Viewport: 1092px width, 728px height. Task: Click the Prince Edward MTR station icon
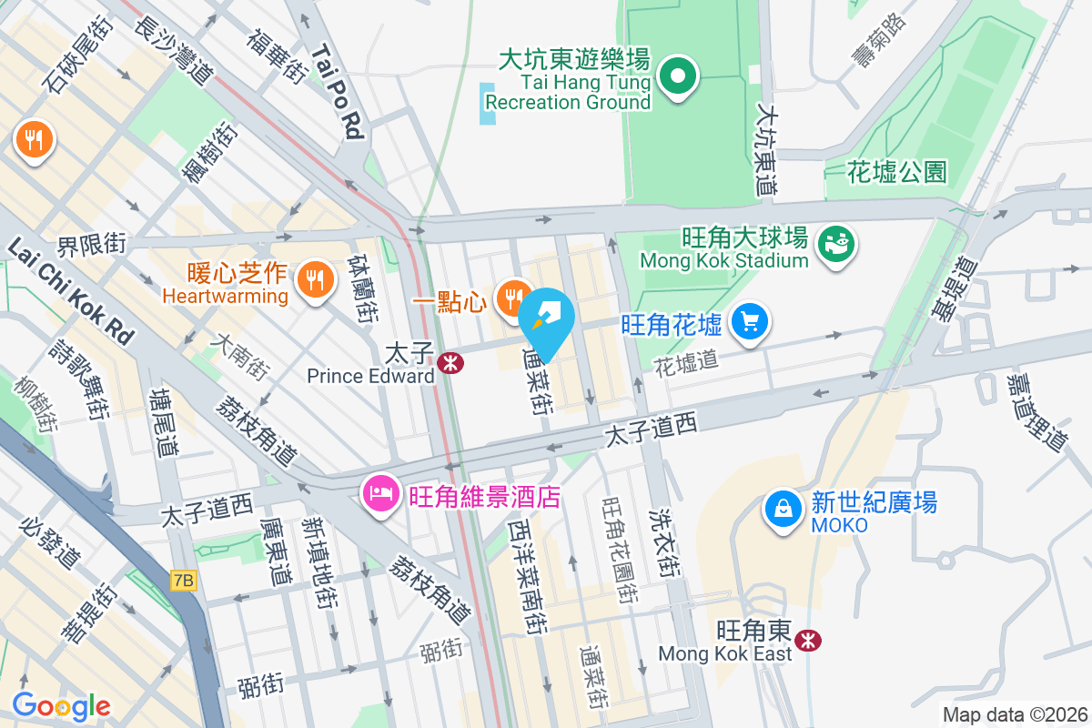[450, 363]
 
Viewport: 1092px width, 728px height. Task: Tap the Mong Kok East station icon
[806, 642]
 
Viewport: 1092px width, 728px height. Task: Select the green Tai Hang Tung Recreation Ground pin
[678, 76]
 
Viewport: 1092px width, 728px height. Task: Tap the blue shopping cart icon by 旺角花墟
[751, 321]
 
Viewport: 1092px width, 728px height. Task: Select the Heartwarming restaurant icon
[315, 278]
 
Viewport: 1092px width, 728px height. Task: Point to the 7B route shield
[183, 581]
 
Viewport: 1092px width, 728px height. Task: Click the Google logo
[61, 706]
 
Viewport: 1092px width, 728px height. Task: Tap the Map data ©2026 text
[1015, 715]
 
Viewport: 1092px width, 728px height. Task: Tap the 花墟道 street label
[687, 361]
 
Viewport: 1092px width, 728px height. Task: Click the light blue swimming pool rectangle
[489, 104]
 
